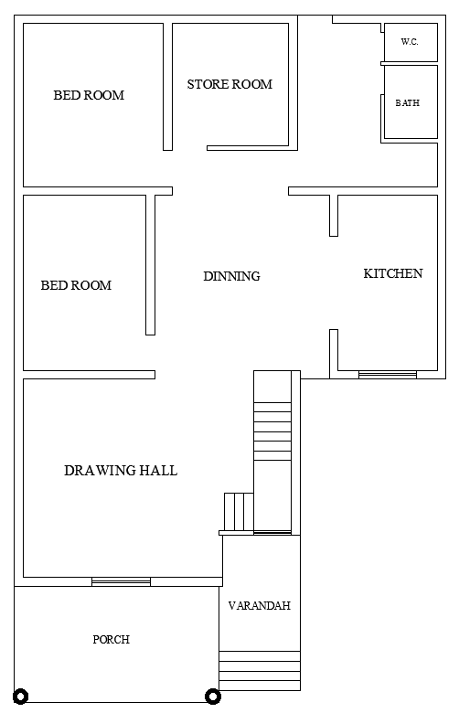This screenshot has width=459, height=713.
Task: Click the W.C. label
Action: click(x=409, y=42)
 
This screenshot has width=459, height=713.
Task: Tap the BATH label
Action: click(x=408, y=103)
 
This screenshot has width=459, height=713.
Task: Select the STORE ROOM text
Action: click(x=229, y=84)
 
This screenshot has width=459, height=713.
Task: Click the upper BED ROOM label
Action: click(x=89, y=95)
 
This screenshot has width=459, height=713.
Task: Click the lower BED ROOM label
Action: click(x=76, y=285)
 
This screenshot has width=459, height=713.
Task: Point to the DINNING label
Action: click(x=231, y=276)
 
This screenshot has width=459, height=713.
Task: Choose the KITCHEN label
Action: click(x=393, y=273)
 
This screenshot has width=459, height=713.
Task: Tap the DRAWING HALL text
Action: click(x=121, y=471)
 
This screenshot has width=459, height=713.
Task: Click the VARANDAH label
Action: click(x=259, y=606)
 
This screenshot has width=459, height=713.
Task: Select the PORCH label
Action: click(x=111, y=640)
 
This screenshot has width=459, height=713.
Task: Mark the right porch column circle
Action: click(x=212, y=696)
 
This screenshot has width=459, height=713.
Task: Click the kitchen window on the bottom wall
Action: click(x=387, y=373)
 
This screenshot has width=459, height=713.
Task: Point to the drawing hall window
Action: click(x=121, y=581)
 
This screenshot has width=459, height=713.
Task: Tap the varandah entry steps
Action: click(x=259, y=670)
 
